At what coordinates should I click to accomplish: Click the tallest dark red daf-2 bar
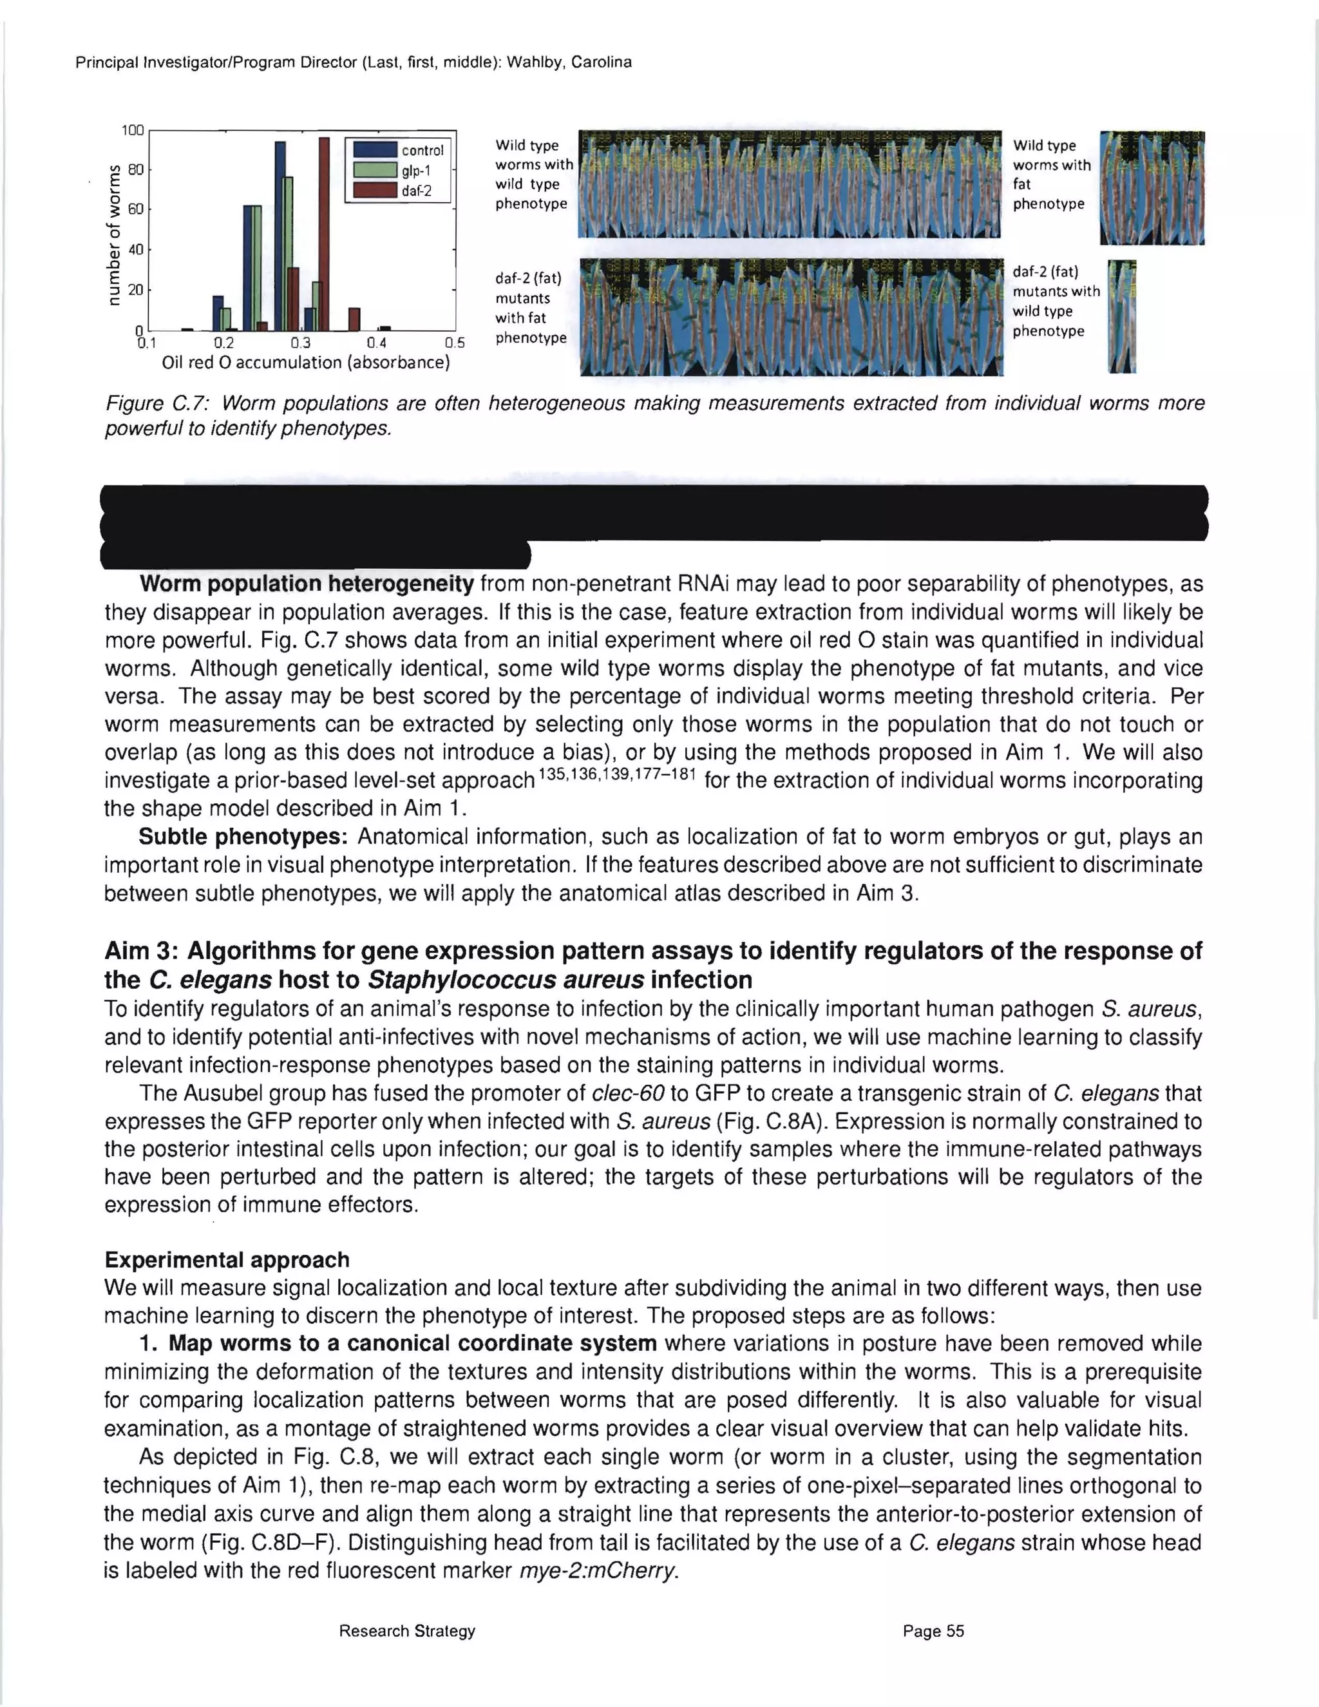point(325,234)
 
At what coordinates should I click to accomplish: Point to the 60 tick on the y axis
point(135,209)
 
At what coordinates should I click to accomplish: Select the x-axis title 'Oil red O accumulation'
point(305,363)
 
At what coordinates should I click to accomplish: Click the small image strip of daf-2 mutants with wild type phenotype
point(1122,316)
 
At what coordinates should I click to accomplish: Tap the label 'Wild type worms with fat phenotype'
point(1050,175)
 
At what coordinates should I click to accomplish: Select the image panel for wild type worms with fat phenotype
point(1151,187)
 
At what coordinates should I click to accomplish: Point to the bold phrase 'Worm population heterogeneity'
point(307,584)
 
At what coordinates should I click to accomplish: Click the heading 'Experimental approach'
point(227,1260)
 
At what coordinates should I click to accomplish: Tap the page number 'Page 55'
point(933,1631)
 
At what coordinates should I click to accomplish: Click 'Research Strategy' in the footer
point(406,1631)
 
